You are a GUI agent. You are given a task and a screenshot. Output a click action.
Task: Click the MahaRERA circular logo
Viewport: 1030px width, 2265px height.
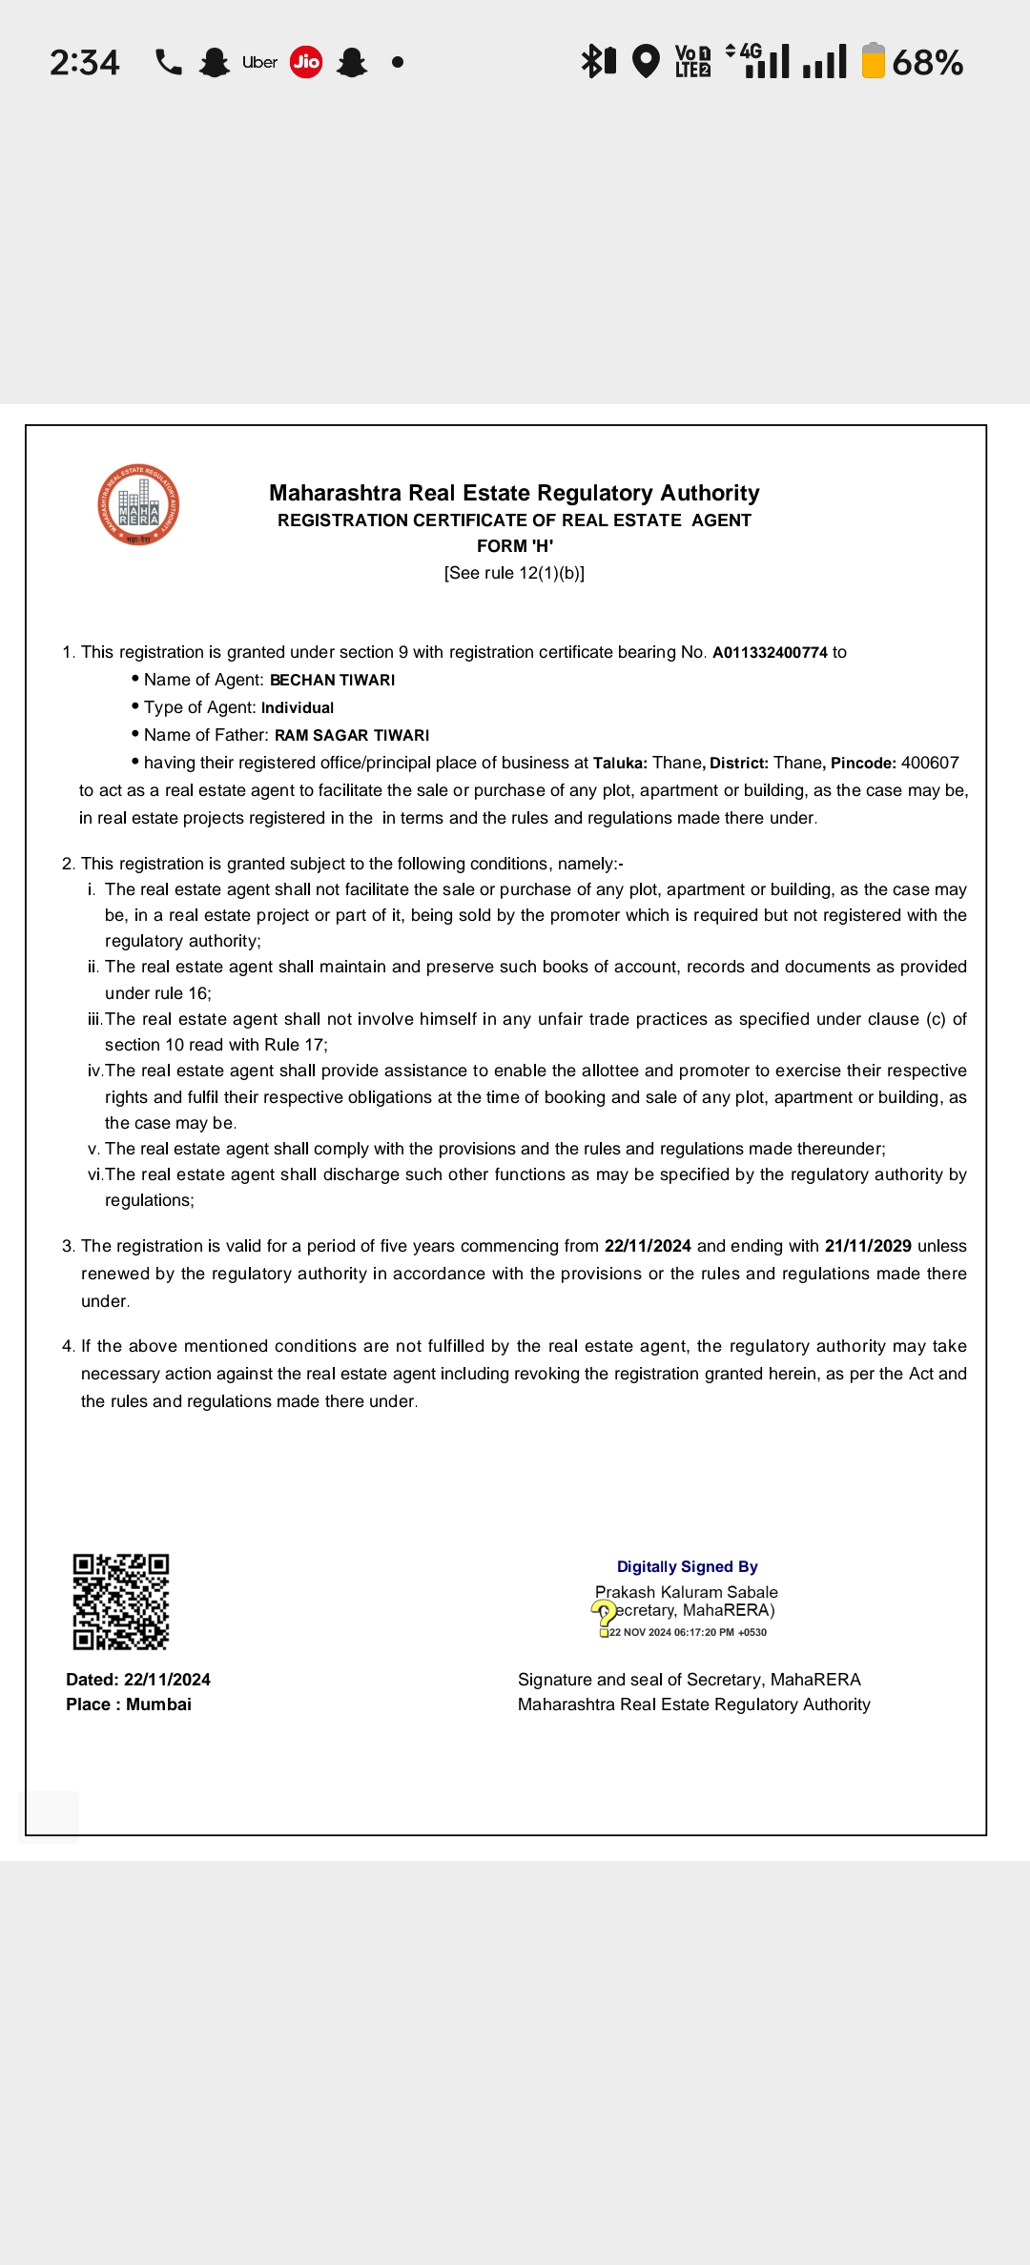(138, 504)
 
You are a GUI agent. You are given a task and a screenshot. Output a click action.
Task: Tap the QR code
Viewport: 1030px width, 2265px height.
(121, 1602)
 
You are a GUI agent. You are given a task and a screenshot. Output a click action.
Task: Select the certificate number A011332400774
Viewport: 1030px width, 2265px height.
(770, 653)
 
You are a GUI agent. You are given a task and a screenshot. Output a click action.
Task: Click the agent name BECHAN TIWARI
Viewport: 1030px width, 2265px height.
(332, 681)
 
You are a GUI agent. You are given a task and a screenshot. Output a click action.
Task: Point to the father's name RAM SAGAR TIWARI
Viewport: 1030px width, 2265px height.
(352, 736)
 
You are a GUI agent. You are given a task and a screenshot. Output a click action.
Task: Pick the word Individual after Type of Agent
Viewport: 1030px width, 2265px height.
(298, 708)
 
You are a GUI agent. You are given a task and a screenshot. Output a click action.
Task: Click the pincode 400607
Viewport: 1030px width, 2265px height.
(930, 763)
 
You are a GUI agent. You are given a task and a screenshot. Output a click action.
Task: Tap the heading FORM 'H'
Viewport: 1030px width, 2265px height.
(515, 546)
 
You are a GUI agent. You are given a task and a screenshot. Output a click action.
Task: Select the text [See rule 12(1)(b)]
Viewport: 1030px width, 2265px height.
(514, 573)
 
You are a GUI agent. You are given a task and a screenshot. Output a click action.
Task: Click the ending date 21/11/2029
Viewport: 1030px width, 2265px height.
(868, 1246)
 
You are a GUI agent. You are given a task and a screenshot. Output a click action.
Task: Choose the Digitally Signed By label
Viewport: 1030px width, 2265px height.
(687, 1567)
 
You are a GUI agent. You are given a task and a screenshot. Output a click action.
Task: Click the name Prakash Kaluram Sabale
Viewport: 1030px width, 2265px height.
(687, 1592)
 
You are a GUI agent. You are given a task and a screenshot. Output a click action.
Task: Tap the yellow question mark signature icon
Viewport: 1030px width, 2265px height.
(604, 1614)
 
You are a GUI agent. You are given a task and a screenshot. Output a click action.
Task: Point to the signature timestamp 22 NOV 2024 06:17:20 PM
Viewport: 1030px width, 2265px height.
(687, 1632)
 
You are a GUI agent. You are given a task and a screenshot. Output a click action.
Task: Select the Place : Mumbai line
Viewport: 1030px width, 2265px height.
(129, 1704)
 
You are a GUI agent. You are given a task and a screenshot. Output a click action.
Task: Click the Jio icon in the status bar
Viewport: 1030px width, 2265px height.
(306, 62)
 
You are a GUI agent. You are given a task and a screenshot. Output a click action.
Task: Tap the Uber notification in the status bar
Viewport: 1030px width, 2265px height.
(259, 62)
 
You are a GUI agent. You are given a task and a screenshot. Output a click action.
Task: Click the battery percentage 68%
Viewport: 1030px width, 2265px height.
(927, 63)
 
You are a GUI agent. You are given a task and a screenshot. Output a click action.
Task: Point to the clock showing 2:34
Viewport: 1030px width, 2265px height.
(85, 63)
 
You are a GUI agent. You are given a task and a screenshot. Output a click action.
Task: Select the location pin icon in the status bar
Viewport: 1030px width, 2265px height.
(647, 62)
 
